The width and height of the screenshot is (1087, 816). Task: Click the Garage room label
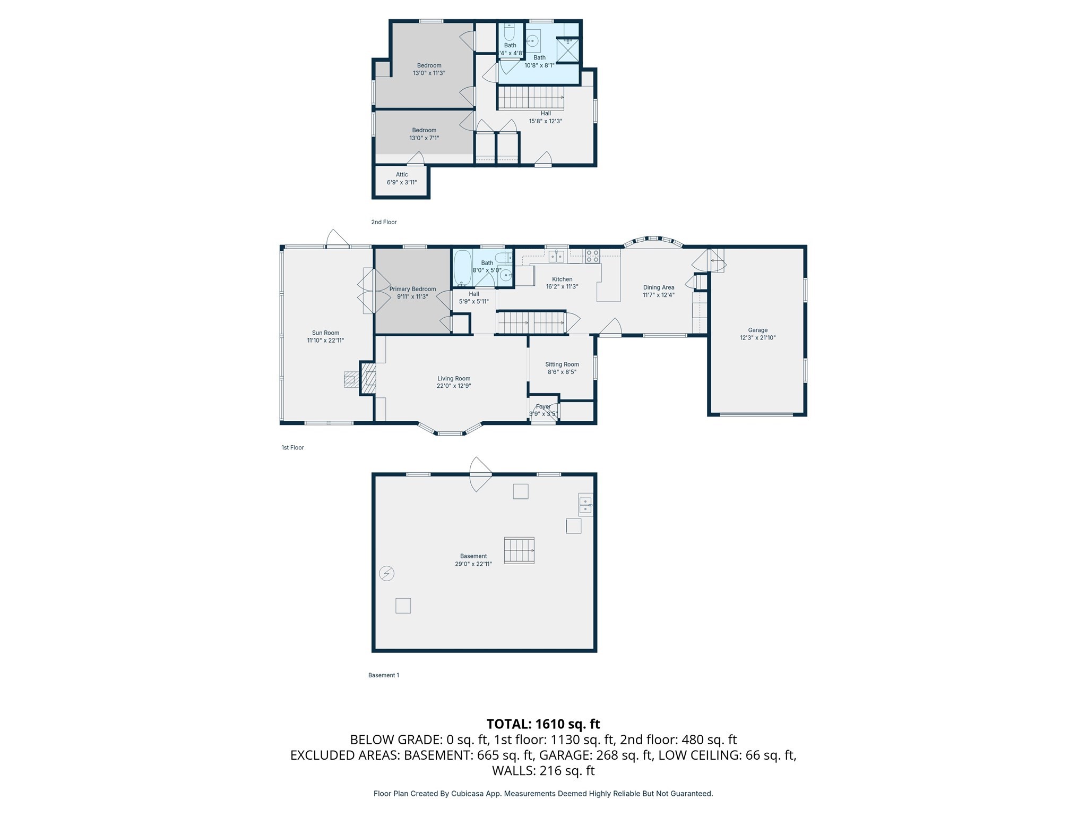pyautogui.click(x=757, y=330)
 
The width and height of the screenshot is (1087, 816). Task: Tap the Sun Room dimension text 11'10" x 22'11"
pyautogui.click(x=325, y=341)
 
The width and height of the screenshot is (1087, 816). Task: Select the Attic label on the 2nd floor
pyautogui.click(x=402, y=174)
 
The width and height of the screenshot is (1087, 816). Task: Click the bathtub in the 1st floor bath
pyautogui.click(x=462, y=268)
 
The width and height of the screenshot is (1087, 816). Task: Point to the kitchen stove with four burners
pyautogui.click(x=592, y=256)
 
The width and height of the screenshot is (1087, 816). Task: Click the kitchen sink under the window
pyautogui.click(x=556, y=257)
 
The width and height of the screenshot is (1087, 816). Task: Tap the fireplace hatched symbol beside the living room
pyautogui.click(x=368, y=378)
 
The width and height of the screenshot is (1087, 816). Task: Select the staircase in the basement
pyautogui.click(x=519, y=550)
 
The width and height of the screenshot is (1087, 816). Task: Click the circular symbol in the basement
pyautogui.click(x=386, y=573)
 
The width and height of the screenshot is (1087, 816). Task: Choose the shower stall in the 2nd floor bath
pyautogui.click(x=567, y=50)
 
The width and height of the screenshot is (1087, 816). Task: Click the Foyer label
pyautogui.click(x=543, y=406)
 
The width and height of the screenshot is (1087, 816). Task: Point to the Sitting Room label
pyautogui.click(x=562, y=364)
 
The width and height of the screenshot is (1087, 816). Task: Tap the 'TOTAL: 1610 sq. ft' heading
pyautogui.click(x=543, y=724)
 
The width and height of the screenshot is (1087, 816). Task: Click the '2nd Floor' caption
pyautogui.click(x=384, y=222)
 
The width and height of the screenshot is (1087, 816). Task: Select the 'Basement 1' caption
pyautogui.click(x=383, y=675)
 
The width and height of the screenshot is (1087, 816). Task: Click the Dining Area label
pyautogui.click(x=658, y=287)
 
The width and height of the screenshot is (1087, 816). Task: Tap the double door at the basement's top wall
pyautogui.click(x=480, y=474)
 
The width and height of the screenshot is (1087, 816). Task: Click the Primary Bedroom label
pyautogui.click(x=412, y=289)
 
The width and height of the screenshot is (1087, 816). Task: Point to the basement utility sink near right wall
pyautogui.click(x=585, y=505)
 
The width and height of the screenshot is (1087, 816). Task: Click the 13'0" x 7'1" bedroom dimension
pyautogui.click(x=424, y=138)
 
